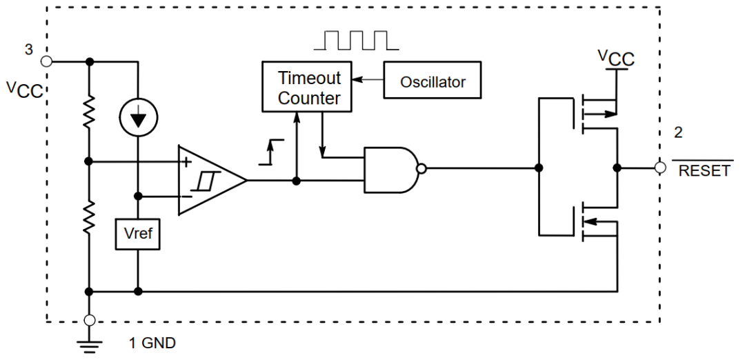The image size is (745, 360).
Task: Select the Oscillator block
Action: click(x=433, y=82)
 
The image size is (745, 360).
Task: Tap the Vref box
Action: click(x=139, y=235)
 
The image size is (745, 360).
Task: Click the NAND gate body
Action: click(x=388, y=168)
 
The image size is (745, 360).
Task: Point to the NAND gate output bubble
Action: click(x=421, y=168)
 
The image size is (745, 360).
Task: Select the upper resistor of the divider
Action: click(x=89, y=113)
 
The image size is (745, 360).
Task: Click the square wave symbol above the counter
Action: click(x=356, y=40)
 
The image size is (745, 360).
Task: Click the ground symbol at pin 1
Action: click(x=89, y=344)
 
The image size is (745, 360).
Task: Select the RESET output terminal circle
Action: click(x=660, y=168)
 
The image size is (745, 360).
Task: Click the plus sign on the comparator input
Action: click(x=186, y=163)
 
